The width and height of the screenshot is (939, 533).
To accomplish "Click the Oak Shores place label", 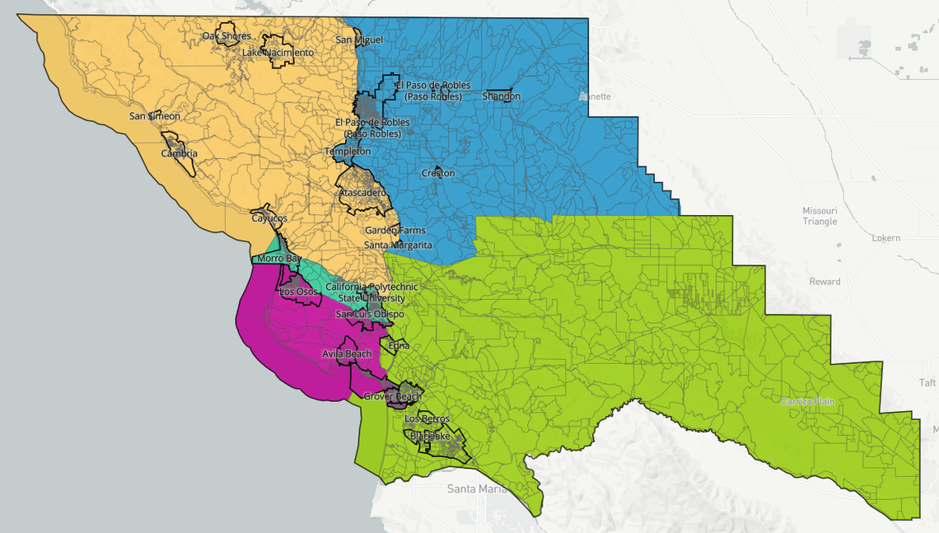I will coord(227,36).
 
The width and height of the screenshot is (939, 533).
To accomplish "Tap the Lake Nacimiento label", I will coord(278,53).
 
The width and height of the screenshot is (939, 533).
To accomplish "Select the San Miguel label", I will coord(359,40).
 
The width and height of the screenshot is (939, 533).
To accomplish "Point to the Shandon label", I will coord(501,96).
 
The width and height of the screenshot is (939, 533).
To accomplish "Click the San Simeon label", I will coord(154,116).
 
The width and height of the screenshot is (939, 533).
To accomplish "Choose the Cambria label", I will coord(179,153).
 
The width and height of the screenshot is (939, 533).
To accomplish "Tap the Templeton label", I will coord(348,152).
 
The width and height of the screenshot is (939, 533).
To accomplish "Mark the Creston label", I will coord(437,173).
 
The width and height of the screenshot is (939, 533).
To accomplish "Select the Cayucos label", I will coord(269,218).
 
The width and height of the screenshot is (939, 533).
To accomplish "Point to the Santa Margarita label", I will coord(398,245).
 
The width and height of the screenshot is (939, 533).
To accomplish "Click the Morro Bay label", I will coord(279,259).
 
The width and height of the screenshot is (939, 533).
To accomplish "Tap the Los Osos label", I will coord(298,292).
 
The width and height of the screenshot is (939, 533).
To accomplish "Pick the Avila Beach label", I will coord(347,354).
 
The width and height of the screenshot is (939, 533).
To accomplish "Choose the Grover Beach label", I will coord(393,396).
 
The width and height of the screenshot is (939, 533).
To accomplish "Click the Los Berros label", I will coord(427,419).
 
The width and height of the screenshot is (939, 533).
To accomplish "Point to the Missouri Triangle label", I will coord(820,216).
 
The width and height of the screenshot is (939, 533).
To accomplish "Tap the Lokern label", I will coord(885,238).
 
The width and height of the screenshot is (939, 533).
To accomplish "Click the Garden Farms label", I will coord(395,231).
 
